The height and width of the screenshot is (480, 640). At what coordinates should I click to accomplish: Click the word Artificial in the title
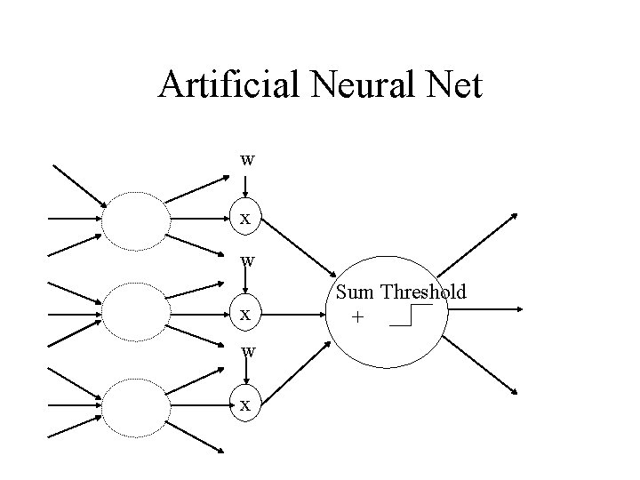click(x=230, y=86)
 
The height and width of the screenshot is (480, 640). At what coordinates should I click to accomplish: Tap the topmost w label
click(x=247, y=160)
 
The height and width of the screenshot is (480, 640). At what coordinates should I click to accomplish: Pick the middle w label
click(x=247, y=260)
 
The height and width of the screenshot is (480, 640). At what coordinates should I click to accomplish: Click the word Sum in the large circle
click(x=356, y=292)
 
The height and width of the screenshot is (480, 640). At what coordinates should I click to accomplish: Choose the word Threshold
click(x=423, y=292)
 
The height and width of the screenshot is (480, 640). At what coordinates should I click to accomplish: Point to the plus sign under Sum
click(x=357, y=316)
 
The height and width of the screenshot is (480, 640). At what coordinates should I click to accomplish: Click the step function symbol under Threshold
click(x=411, y=316)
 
